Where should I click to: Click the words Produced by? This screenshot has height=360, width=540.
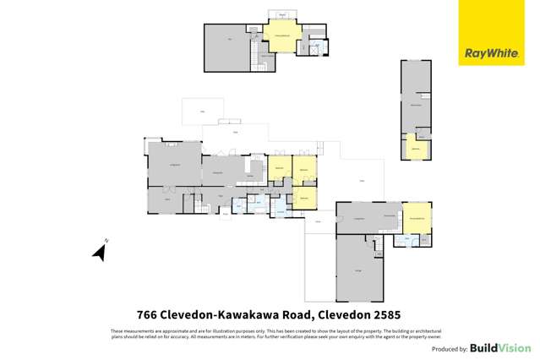[x=450, y=349]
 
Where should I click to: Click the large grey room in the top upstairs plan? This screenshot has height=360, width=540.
[x=228, y=47]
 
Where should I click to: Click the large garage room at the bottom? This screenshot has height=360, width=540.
[x=360, y=270]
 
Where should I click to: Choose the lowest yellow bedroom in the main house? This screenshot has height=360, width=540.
[x=304, y=196]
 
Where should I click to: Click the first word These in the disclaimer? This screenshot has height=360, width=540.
[x=116, y=330]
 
